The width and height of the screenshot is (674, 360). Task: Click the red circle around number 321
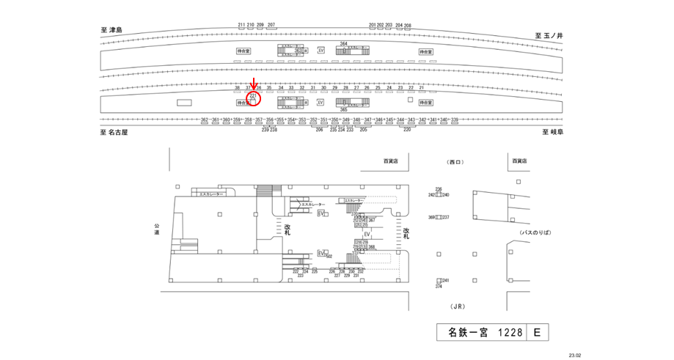click(254, 98)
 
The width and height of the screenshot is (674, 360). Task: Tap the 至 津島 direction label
click(111, 31)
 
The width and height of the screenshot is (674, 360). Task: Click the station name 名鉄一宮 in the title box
click(469, 333)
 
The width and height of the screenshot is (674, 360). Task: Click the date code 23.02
click(574, 356)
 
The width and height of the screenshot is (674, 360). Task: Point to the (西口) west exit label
click(456, 161)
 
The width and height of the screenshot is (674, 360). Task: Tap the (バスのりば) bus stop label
click(535, 232)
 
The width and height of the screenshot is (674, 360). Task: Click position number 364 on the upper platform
click(343, 44)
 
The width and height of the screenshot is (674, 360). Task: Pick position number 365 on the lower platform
click(343, 109)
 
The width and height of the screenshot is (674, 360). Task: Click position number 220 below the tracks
click(407, 129)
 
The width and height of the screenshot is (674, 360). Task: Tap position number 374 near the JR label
click(439, 287)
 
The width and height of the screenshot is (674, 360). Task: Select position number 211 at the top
click(241, 25)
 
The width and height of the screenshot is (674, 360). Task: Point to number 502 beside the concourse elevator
click(329, 256)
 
